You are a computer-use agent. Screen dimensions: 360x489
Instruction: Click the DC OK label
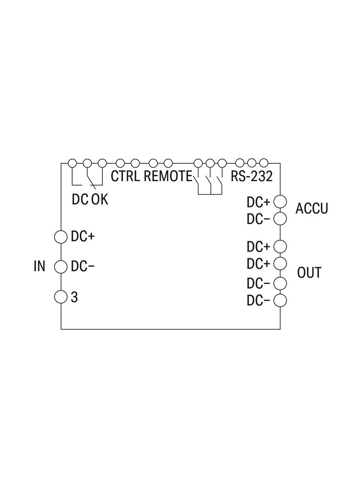pos(90,199)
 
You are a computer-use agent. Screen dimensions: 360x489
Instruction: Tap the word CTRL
pos(125,176)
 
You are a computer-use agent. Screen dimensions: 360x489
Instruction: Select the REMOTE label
pos(168,176)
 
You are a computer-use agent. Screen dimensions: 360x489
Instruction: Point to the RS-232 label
pos(252,176)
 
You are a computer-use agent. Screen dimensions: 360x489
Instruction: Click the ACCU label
pos(312,208)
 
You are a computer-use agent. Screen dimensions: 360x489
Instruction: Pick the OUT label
pos(309,272)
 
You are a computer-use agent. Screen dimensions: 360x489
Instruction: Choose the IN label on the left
pos(39,267)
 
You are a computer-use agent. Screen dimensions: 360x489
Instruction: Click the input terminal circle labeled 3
pos(61,297)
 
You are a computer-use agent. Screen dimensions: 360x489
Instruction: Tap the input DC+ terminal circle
pos(61,237)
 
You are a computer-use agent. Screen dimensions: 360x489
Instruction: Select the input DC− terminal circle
pos(61,267)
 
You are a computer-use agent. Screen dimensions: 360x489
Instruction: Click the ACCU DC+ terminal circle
pos(280,202)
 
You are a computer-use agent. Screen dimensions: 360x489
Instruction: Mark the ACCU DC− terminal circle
pos(280,219)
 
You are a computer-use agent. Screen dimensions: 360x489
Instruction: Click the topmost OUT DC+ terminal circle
pos(280,246)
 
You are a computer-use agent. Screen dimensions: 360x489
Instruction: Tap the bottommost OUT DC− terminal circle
pos(280,300)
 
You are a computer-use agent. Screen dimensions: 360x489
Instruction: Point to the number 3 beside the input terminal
pos(74,297)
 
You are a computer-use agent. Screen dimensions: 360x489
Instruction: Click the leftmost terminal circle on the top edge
pos(73,163)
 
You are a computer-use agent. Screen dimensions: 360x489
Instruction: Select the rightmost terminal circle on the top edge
pos(264,163)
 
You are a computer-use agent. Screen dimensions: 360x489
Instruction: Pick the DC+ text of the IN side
pos(83,237)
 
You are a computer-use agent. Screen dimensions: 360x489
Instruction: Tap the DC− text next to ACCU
pos(258,219)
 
